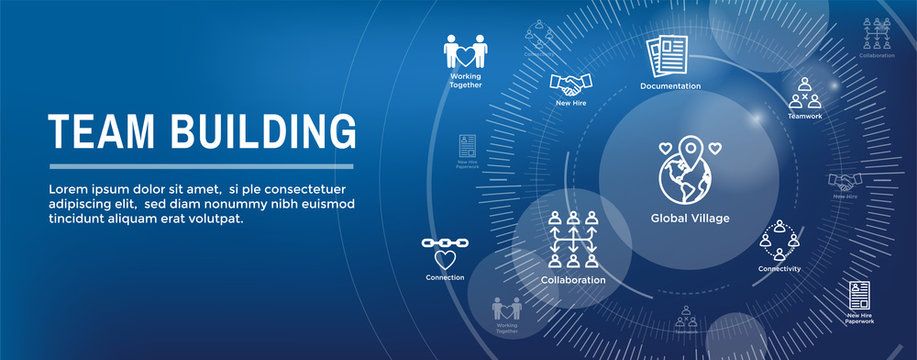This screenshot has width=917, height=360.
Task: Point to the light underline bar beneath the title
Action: (201, 166)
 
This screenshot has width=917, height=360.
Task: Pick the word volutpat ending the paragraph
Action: (213, 218)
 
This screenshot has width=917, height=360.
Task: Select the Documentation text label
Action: (670, 86)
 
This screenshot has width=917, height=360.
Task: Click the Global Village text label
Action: (690, 218)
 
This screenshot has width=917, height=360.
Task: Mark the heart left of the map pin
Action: (665, 147)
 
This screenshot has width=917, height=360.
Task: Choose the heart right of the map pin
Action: (715, 147)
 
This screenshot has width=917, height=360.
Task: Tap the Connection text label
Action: (445, 277)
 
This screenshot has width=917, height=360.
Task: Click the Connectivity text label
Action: (779, 269)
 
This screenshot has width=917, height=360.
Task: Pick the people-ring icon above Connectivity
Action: (779, 241)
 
